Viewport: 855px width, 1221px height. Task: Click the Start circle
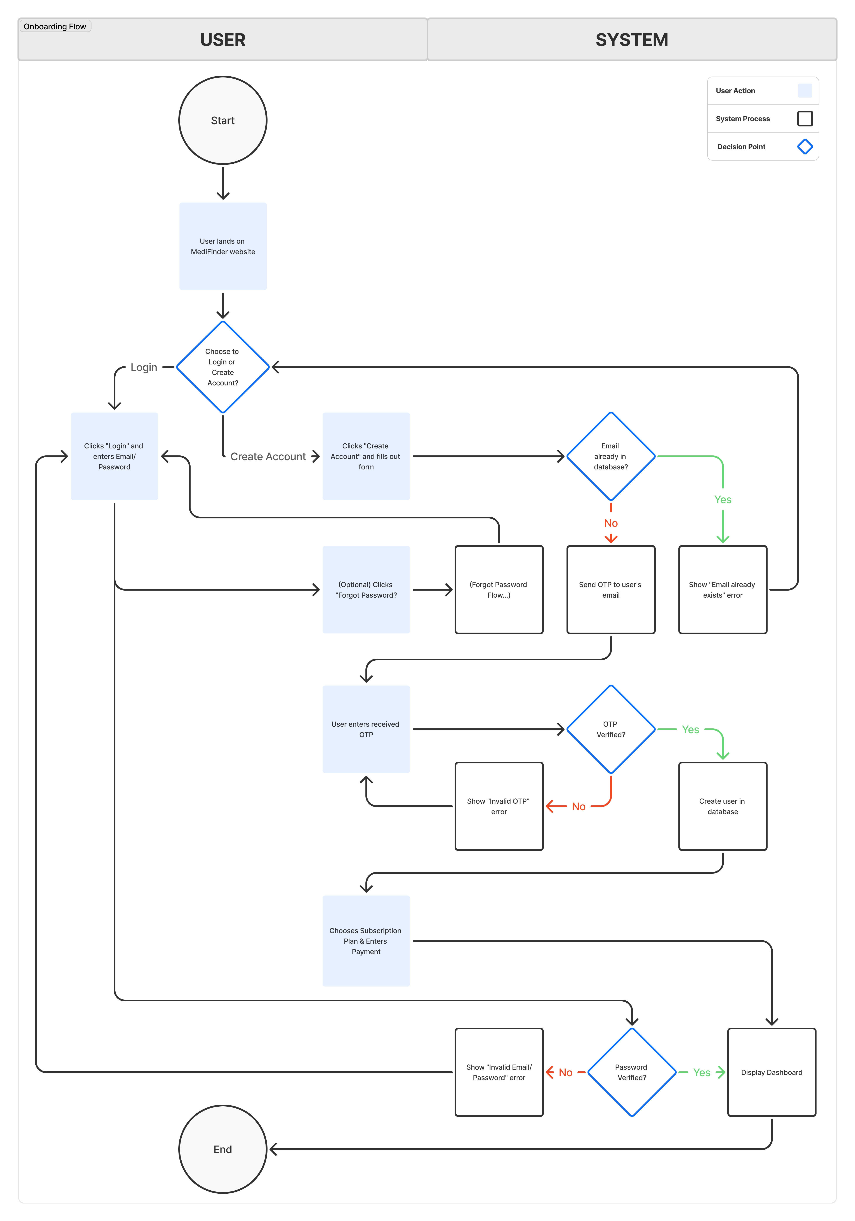tap(223, 120)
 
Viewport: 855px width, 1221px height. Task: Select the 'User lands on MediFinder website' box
tap(223, 246)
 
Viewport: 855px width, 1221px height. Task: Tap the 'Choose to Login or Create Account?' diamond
tap(223, 367)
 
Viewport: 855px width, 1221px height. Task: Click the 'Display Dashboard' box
tap(772, 1072)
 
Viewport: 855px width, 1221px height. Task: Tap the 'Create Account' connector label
tap(268, 456)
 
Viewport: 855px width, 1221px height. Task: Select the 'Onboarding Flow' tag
tap(55, 27)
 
